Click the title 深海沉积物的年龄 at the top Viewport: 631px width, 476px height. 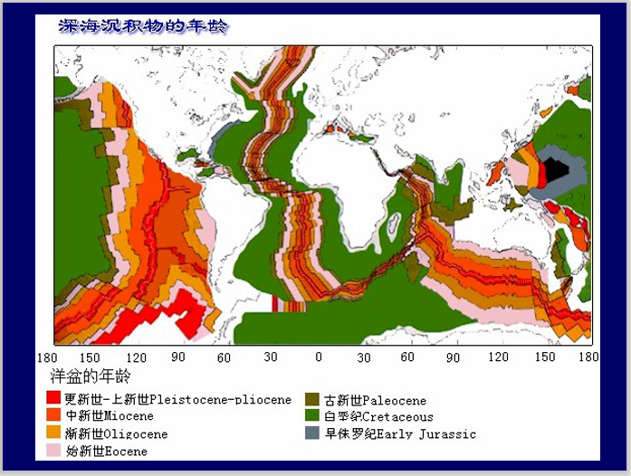tap(142, 26)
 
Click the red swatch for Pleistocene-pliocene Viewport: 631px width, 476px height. tap(53, 398)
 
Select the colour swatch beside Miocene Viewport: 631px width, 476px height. tap(53, 415)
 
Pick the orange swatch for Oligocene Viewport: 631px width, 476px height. tap(53, 433)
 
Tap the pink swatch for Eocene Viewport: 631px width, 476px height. tap(53, 450)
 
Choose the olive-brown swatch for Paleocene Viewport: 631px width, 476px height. tap(312, 399)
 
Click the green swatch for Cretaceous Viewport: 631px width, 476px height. tap(312, 416)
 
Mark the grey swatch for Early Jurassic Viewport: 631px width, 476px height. tap(312, 433)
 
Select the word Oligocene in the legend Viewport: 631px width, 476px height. tap(136, 433)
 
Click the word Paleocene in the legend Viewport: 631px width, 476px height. tap(395, 400)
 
